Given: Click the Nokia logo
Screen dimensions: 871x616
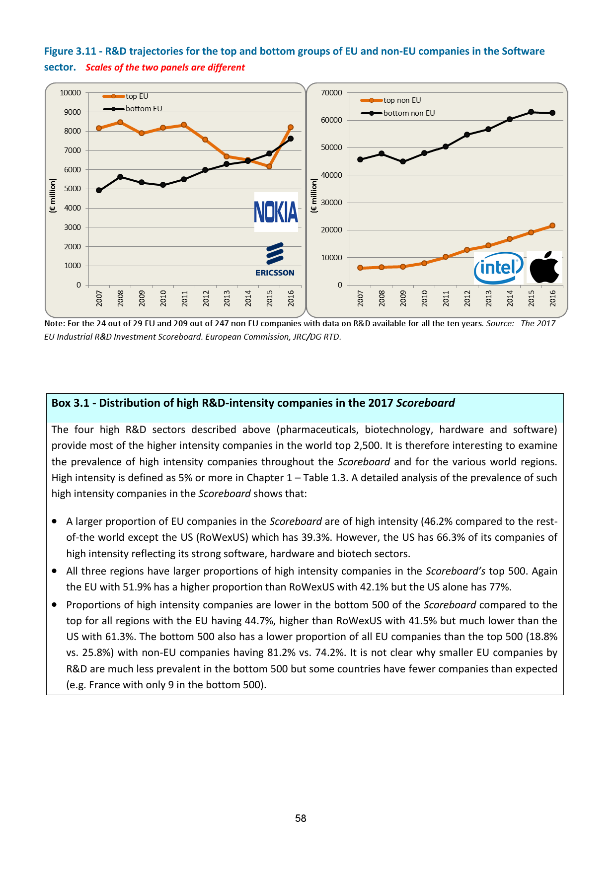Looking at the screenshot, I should point(276,212).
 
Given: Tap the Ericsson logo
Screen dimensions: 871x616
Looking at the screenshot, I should point(275,260).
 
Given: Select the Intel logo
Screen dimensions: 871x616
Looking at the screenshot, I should point(499,268).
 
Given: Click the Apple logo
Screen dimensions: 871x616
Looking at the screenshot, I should point(544,267).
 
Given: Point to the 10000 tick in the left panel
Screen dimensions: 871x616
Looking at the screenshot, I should point(70,93).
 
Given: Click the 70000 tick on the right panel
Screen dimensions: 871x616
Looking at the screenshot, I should point(331,93).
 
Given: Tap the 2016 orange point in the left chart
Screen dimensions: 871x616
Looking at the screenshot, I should point(291,128).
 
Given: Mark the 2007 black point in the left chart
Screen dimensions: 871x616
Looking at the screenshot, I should point(99,190).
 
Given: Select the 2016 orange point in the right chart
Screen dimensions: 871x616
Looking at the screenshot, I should point(552,225).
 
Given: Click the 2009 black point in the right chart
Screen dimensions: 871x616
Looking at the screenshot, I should point(403,161).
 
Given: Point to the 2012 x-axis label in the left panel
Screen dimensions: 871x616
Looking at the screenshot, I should point(206,298).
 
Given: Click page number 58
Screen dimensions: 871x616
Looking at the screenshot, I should point(301,818).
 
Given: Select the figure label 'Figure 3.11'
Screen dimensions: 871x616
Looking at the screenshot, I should point(70,51).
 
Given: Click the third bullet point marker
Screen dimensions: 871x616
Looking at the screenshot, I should point(54,605).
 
